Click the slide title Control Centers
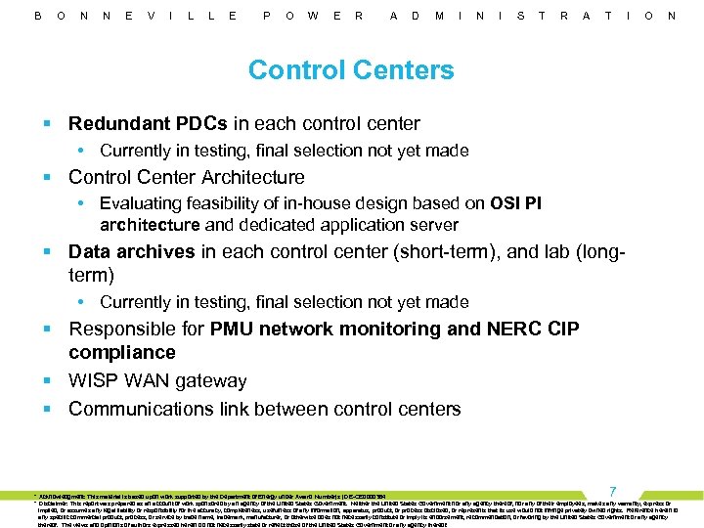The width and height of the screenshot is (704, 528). click(351, 70)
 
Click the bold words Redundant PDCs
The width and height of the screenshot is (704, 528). click(148, 124)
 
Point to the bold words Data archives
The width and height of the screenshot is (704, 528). click(132, 251)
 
